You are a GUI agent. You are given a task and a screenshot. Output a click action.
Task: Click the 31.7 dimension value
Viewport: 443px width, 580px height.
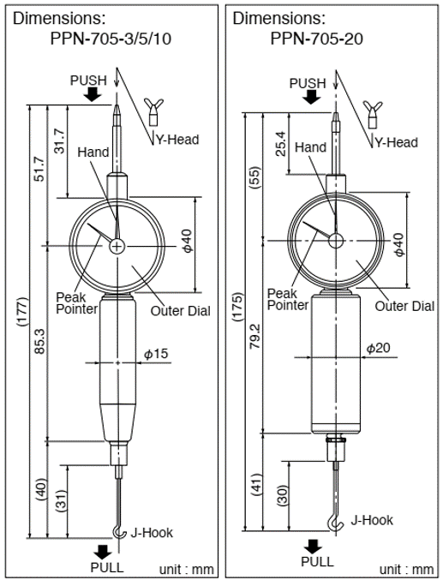pyautogui.click(x=60, y=141)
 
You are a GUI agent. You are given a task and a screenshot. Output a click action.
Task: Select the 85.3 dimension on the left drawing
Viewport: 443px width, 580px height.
pyautogui.click(x=39, y=341)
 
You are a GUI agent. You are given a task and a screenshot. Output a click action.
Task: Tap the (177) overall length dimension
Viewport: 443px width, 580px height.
pyautogui.click(x=22, y=312)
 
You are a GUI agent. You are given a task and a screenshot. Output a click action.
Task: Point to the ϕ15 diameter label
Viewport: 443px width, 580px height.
pyautogui.click(x=156, y=354)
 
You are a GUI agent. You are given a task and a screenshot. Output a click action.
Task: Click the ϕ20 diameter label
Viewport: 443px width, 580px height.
pyautogui.click(x=378, y=348)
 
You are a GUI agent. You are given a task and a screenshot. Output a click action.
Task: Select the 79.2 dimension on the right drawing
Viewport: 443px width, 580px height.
pyautogui.click(x=256, y=336)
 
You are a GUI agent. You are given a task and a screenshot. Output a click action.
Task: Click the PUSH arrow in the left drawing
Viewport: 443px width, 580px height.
pyautogui.click(x=93, y=95)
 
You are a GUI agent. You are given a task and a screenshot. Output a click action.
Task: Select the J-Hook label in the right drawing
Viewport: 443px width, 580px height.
pyautogui.click(x=372, y=520)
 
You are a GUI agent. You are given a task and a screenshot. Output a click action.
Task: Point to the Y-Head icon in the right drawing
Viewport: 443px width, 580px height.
pyautogui.click(x=373, y=114)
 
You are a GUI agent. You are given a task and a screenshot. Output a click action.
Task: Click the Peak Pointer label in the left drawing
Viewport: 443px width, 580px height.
pyautogui.click(x=77, y=303)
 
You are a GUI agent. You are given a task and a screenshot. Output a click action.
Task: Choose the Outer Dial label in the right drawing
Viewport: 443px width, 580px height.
pyautogui.click(x=404, y=306)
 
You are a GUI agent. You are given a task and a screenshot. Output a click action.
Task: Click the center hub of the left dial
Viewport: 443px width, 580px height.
pyautogui.click(x=117, y=246)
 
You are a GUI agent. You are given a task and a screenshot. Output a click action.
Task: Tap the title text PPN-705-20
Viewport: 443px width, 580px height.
pyautogui.click(x=317, y=38)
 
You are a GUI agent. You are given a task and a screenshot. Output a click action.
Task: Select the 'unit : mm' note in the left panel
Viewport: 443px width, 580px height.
pyautogui.click(x=186, y=569)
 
